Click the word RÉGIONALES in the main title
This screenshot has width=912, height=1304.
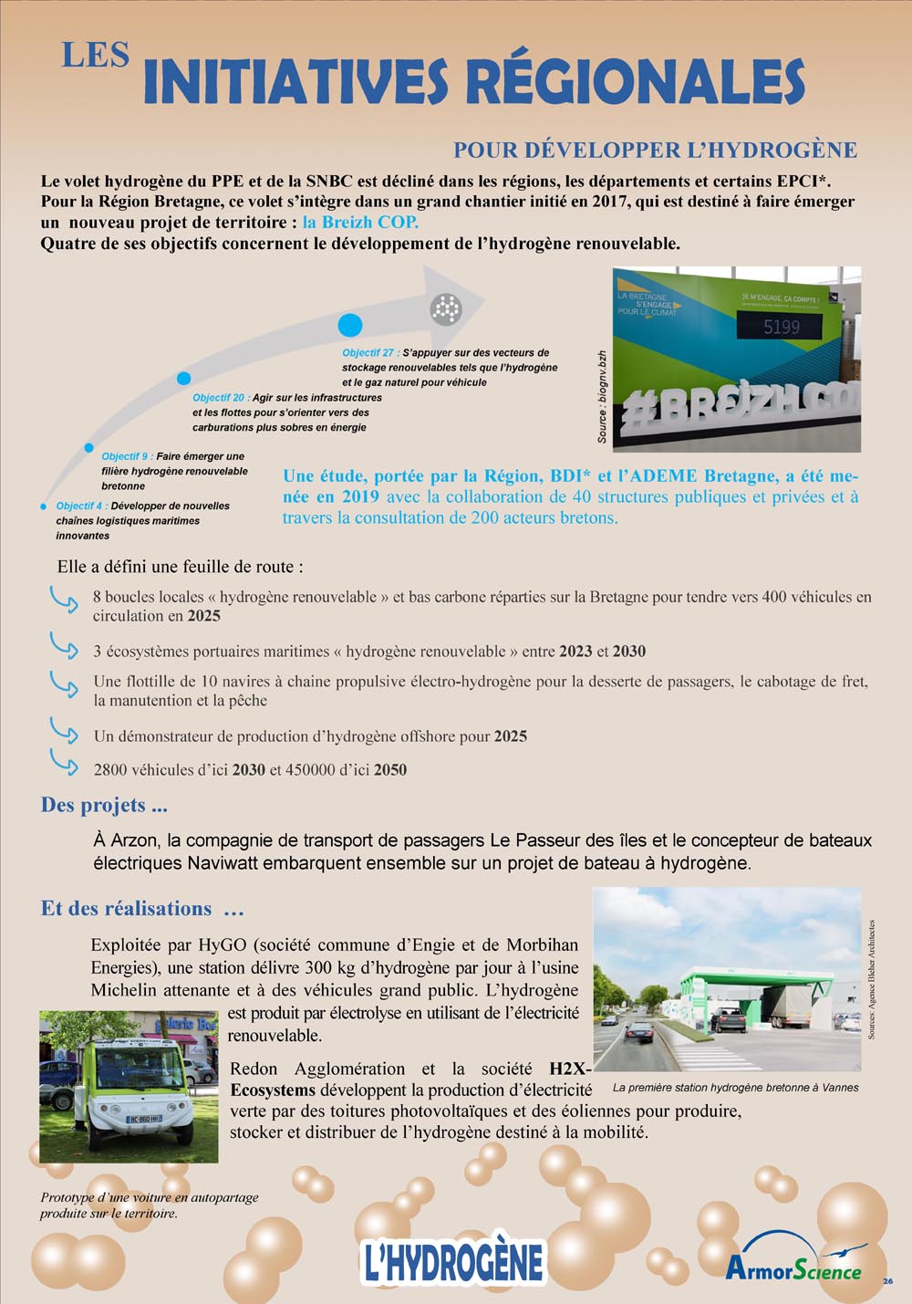636,82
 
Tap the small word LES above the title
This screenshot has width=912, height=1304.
95,56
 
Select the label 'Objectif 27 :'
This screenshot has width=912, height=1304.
370,353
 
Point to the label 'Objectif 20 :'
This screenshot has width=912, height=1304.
220,398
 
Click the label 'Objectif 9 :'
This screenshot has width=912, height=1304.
127,456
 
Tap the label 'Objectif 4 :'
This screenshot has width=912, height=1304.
80,506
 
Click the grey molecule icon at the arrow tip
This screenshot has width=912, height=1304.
446,309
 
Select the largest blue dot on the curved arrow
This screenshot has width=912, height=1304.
350,325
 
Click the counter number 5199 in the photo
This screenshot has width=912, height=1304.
782,327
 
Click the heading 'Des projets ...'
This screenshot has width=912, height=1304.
104,805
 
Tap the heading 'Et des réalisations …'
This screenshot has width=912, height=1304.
142,909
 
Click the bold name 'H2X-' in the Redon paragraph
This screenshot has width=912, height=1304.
570,1069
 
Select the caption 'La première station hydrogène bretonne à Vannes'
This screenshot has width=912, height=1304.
735,1088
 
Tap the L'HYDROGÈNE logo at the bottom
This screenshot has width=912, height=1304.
452,1263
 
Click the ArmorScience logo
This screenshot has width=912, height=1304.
793,1268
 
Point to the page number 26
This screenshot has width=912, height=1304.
888,1281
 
